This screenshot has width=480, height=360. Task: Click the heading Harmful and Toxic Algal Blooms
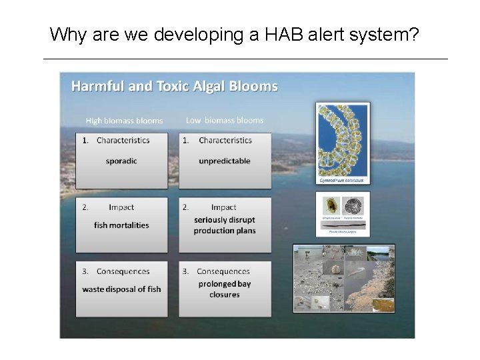point(175,86)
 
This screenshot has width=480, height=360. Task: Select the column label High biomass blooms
point(124,121)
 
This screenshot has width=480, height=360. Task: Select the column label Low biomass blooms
point(225,121)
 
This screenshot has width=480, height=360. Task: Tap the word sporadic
point(121,161)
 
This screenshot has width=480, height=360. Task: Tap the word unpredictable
point(225,161)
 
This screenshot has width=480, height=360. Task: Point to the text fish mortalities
point(121,225)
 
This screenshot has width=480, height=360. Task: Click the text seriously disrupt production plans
point(225,225)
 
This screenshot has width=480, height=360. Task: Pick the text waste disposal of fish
point(121,289)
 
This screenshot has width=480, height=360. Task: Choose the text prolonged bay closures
point(225,289)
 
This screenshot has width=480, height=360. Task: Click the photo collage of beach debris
point(344,279)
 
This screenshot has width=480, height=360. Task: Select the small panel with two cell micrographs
point(343,213)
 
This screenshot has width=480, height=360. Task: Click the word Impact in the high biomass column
point(121,207)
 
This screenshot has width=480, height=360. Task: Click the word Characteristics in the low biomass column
point(225,141)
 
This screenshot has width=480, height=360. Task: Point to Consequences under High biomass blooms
point(123,271)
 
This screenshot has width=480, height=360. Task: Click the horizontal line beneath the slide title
point(245,59)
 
